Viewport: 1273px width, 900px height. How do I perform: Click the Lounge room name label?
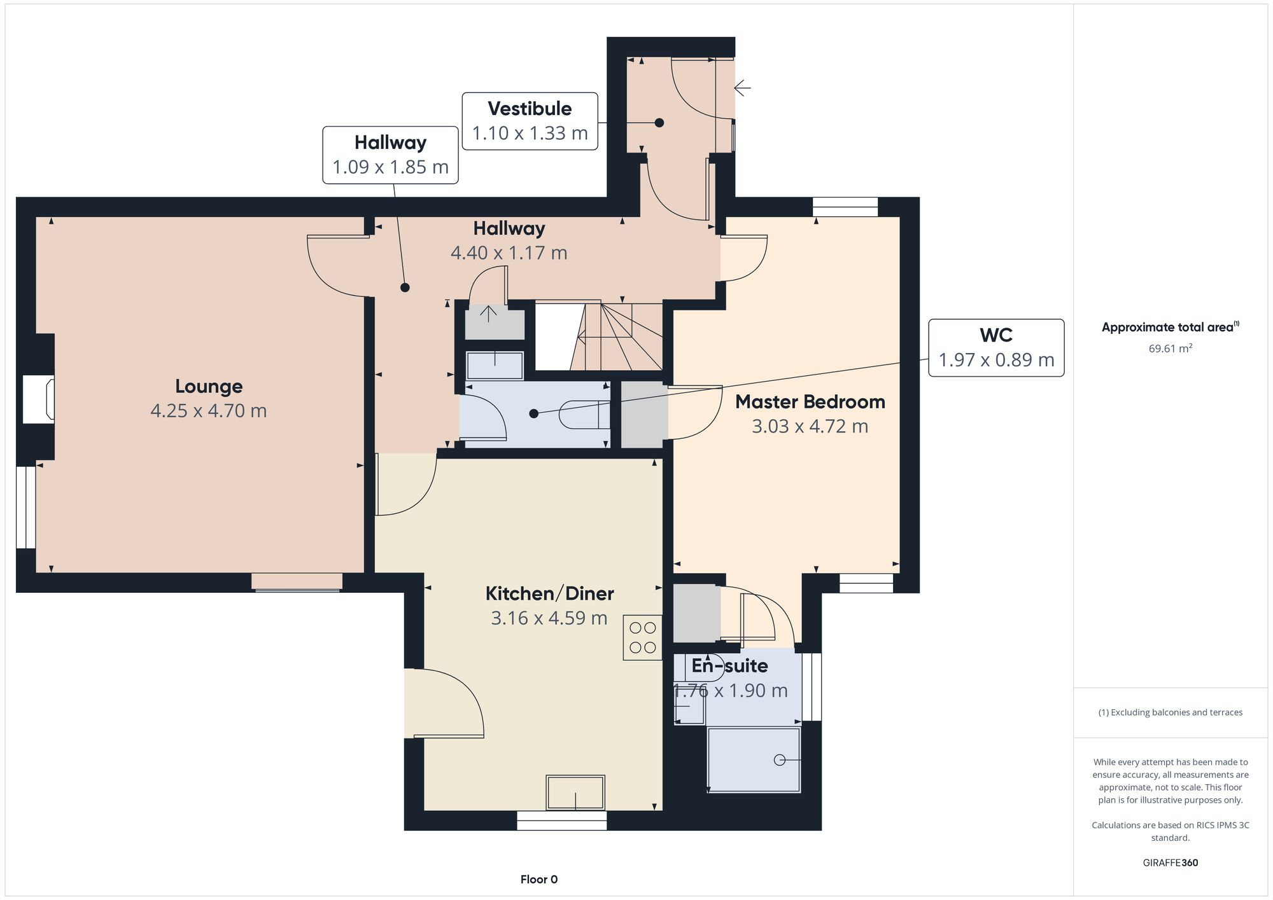[x=209, y=386]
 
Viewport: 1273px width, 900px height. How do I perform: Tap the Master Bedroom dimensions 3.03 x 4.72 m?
[x=810, y=426]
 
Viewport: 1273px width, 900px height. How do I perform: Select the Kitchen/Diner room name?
[x=549, y=593]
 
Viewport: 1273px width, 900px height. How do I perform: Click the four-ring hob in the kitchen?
[x=642, y=637]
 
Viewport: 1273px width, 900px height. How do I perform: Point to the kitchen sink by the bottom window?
[x=575, y=793]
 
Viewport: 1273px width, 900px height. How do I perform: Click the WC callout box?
[x=996, y=347]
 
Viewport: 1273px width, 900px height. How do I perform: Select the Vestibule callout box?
[x=530, y=121]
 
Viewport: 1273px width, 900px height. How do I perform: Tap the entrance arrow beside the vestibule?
[x=743, y=87]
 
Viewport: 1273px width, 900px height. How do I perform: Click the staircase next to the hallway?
[x=599, y=336]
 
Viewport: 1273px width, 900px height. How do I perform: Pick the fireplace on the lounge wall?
[x=38, y=399]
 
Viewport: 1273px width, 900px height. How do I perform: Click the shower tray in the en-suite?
[x=754, y=760]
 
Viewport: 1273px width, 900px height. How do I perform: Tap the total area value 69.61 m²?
[x=1170, y=349]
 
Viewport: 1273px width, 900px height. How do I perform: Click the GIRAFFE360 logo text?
[x=1170, y=862]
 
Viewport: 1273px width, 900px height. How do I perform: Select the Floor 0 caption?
[x=538, y=879]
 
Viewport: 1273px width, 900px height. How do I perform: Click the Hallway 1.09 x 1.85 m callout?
[x=390, y=155]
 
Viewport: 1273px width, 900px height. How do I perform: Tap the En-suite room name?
[x=729, y=666]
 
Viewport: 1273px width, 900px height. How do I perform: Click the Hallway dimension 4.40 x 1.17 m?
[x=509, y=253]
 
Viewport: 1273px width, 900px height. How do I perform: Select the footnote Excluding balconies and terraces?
[x=1170, y=712]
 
